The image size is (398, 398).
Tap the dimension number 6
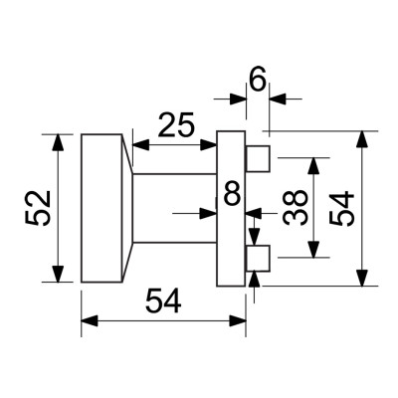pos(257,81)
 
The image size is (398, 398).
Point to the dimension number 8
pos(231,193)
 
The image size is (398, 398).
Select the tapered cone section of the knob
pos(125,208)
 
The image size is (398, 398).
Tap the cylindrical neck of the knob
pos(174,208)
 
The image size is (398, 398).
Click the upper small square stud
pos(258,157)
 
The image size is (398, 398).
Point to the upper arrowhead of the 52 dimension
pos(59,140)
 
